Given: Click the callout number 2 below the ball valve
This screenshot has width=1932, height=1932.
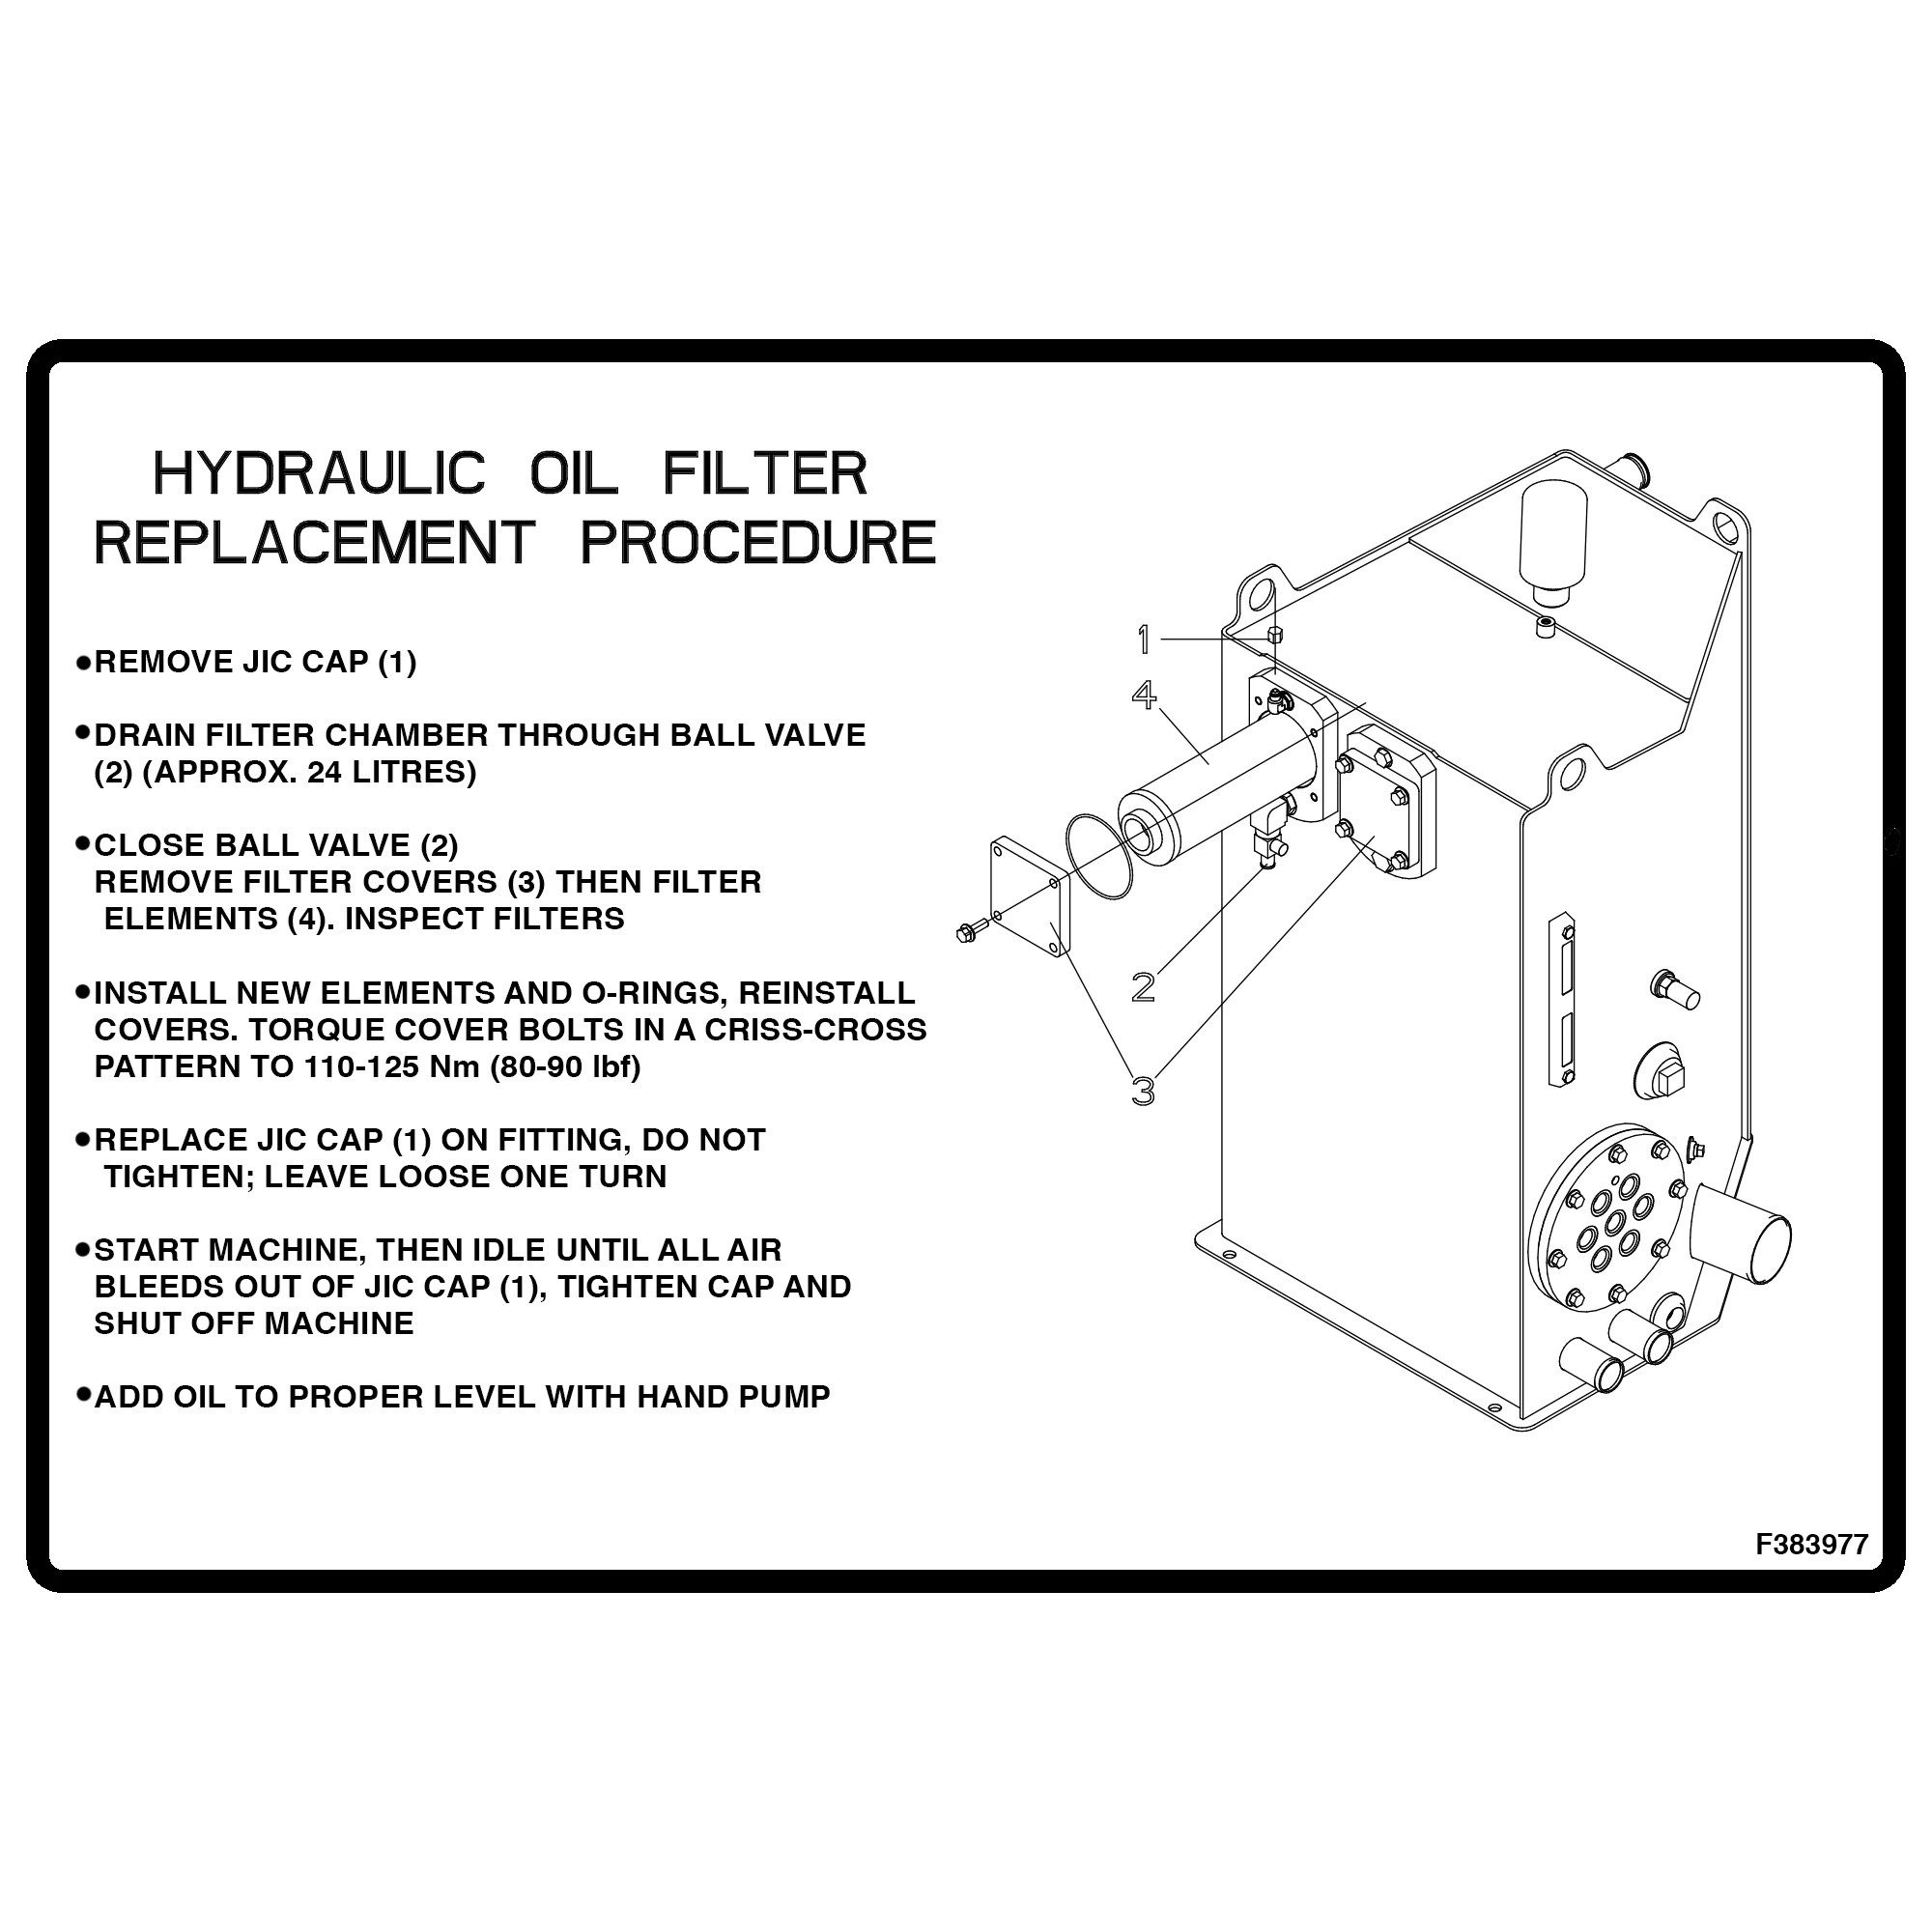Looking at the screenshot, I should pyautogui.click(x=1143, y=987).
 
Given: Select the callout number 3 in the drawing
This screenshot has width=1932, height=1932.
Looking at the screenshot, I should pyautogui.click(x=1143, y=1090).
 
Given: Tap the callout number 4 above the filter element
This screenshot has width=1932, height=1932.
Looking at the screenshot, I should pyautogui.click(x=1144, y=695).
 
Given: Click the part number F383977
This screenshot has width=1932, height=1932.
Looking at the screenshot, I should pyautogui.click(x=1811, y=1544).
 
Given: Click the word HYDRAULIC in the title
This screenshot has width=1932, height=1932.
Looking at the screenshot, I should pyautogui.click(x=319, y=474).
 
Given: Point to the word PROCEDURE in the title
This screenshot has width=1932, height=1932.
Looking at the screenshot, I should pyautogui.click(x=757, y=543).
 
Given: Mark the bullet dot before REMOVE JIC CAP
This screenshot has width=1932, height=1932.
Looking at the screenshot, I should pyautogui.click(x=84, y=662).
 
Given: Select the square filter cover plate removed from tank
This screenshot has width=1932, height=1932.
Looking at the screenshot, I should pyautogui.click(x=1030, y=895).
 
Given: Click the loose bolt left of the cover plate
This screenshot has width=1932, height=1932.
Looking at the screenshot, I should pyautogui.click(x=967, y=932).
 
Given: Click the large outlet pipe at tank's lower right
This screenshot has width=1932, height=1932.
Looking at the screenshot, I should pyautogui.click(x=1741, y=1239).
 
